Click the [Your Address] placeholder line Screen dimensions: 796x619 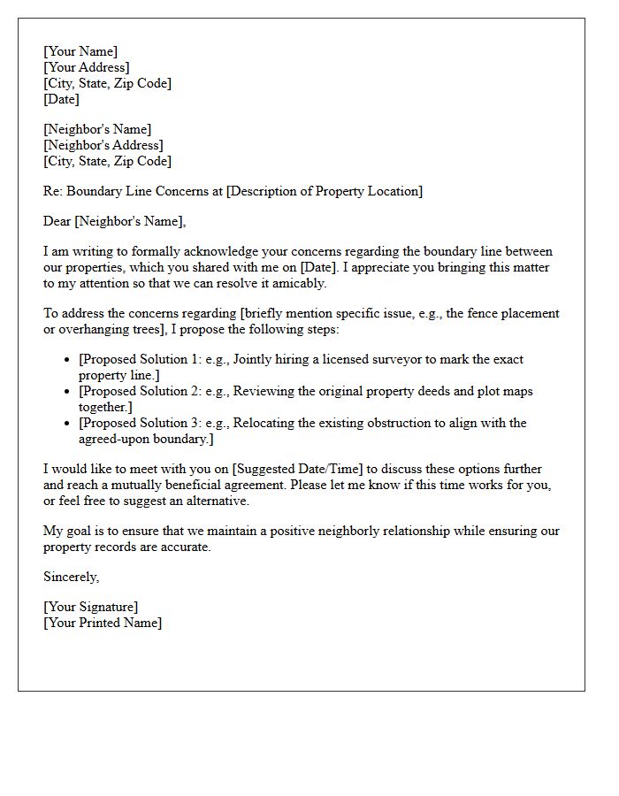click(87, 67)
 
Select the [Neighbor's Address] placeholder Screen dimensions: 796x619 click(103, 145)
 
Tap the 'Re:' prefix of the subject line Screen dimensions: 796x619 click(52, 191)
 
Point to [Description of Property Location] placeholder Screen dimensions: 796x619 click(325, 191)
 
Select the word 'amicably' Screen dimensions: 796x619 click(297, 283)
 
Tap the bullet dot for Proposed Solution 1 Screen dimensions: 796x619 click(68, 360)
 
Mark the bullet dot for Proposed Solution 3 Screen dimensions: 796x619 click(68, 424)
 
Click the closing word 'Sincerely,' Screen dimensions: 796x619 click(72, 577)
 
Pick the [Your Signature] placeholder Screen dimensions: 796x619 click(90, 607)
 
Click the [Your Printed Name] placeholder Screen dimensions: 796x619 click(103, 623)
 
